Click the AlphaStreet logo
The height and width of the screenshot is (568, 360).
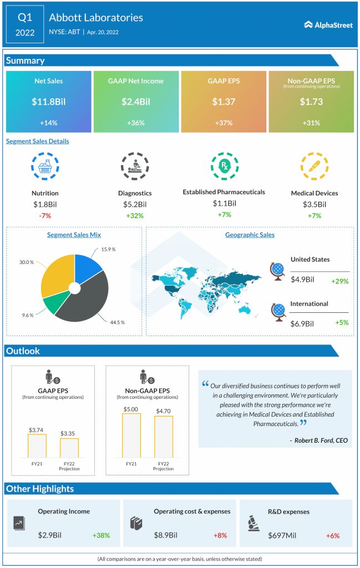(328, 24)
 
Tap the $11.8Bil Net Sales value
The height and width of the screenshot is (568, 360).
(49, 102)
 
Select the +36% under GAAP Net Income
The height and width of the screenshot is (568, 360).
(136, 123)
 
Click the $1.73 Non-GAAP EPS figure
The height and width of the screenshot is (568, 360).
(311, 102)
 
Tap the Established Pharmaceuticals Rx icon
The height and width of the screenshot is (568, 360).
(224, 166)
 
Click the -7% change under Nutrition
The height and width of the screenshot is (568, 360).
(45, 215)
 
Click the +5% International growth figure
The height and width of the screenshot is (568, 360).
(341, 323)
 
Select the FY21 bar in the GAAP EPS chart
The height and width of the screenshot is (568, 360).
(37, 445)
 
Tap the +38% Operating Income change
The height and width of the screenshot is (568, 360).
(101, 535)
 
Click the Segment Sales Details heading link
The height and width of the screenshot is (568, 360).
(38, 141)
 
